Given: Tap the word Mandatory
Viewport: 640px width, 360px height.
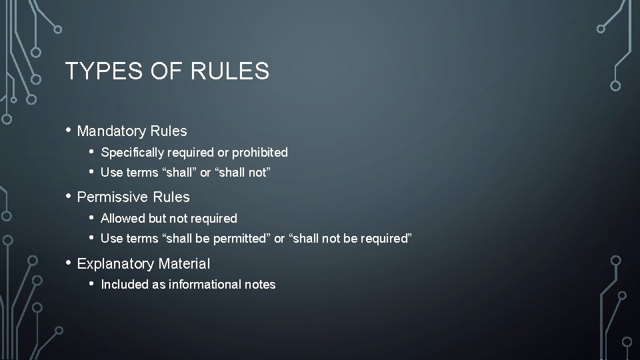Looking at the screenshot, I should click(110, 131).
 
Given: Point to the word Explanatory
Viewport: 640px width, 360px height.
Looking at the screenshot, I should click(115, 264).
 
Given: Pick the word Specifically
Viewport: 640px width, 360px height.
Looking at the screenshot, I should click(132, 153).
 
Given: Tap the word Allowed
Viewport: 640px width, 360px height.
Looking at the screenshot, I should click(122, 219).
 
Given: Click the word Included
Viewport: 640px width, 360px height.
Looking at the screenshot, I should click(123, 285).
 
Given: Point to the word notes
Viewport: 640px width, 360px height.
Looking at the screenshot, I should click(260, 285).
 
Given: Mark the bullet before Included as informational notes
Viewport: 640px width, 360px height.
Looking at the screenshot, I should click(91, 284).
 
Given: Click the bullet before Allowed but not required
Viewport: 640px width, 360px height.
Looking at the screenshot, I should click(91, 218).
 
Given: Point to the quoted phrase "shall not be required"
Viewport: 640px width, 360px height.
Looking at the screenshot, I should click(350, 239).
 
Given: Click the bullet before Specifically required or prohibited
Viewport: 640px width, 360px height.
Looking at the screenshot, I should click(91, 152).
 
